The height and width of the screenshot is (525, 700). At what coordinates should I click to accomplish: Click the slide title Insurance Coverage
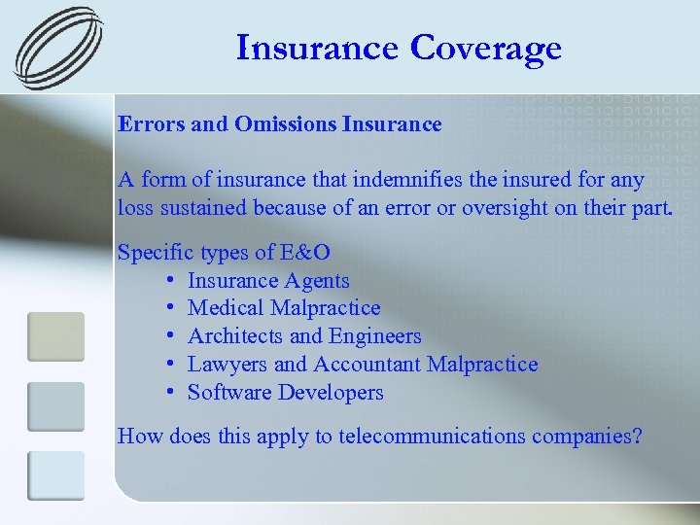click(x=399, y=48)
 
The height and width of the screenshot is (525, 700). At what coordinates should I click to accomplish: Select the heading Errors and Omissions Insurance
click(x=279, y=124)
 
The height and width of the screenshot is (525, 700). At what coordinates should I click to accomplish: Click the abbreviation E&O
click(x=305, y=253)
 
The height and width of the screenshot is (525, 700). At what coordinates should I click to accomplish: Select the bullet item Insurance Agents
click(x=268, y=281)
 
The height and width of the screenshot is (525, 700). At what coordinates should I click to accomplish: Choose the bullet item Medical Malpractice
click(x=284, y=308)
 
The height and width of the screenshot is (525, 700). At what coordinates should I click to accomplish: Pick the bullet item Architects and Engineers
click(x=304, y=336)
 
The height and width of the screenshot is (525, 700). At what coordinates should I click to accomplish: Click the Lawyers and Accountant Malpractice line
click(x=363, y=365)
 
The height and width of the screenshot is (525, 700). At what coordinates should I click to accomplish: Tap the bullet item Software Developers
click(x=286, y=393)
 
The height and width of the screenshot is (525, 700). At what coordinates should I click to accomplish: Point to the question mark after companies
click(x=637, y=437)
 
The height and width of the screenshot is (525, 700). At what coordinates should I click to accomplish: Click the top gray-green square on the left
click(x=55, y=336)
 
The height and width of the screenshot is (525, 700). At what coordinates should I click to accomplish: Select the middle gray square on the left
click(x=55, y=406)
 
